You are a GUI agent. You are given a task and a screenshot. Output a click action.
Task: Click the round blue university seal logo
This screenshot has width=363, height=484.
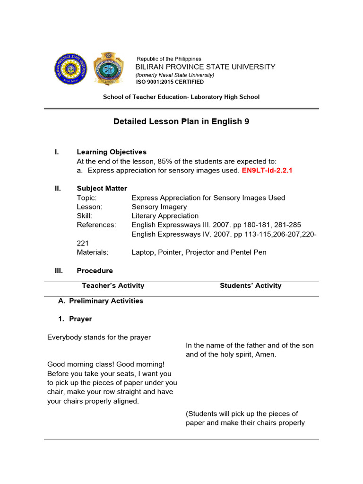tap(70, 68)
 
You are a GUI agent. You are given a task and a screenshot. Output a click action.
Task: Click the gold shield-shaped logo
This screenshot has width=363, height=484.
tap(108, 69)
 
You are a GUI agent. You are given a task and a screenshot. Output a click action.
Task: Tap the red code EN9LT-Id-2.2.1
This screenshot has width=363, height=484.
tap(267, 170)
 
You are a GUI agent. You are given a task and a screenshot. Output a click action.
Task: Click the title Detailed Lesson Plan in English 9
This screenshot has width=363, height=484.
tap(181, 121)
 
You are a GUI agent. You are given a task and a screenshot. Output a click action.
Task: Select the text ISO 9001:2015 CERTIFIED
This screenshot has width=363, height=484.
tap(170, 82)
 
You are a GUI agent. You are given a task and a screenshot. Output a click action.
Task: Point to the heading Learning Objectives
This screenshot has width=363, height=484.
tap(112, 152)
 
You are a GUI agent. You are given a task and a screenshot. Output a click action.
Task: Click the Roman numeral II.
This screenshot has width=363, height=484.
tap(58, 188)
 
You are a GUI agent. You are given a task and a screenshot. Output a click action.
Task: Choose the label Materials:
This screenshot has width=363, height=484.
tap(93, 252)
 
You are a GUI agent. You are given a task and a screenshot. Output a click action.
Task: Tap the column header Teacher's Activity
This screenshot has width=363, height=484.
tap(113, 285)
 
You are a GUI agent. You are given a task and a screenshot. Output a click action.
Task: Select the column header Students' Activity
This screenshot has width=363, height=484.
tap(251, 285)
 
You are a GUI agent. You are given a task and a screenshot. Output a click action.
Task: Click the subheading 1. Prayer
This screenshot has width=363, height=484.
tap(75, 319)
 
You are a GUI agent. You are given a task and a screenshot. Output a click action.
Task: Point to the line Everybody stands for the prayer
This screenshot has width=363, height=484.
tap(99, 337)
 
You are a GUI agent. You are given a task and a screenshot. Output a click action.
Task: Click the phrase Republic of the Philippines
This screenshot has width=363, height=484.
tap(169, 59)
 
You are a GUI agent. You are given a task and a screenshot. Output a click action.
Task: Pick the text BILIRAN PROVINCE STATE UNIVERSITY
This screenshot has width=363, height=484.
tap(205, 67)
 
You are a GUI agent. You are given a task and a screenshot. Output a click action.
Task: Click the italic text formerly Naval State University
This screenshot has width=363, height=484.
tap(175, 75)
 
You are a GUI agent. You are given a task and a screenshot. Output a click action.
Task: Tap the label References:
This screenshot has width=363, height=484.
tap(96, 225)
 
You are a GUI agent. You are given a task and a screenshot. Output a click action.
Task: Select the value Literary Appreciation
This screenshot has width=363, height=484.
tap(165, 216)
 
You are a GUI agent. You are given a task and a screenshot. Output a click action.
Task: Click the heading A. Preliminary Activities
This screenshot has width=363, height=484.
tap(100, 301)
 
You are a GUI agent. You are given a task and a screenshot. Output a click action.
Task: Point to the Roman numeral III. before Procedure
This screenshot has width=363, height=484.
tap(59, 270)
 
